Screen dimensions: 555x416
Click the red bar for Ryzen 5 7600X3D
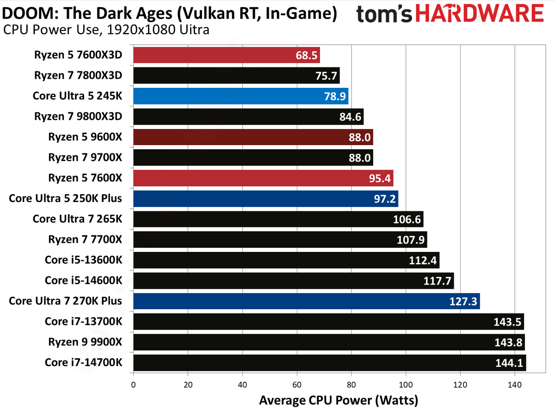[x=227, y=55]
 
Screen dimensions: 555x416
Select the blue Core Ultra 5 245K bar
[x=240, y=96]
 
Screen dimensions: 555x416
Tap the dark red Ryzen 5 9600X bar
[x=253, y=137]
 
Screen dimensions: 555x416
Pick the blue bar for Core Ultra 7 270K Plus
[x=307, y=301]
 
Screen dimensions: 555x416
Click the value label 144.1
[x=509, y=363]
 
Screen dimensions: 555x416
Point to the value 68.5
[x=307, y=55]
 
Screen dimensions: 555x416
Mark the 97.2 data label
[x=385, y=199]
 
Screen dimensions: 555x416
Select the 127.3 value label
[x=463, y=301]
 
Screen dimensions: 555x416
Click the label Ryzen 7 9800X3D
[x=78, y=116]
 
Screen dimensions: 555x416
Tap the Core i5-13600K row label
[x=83, y=260]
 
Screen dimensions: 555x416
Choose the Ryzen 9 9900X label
[x=85, y=342]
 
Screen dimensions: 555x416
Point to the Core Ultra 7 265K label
[x=77, y=219]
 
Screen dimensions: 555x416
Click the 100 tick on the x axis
[x=406, y=385]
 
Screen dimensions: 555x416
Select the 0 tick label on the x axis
[x=134, y=385]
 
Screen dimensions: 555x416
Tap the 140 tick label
[x=515, y=385]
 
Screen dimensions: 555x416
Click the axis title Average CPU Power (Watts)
[x=339, y=401]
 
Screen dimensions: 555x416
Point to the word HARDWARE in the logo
[x=480, y=13]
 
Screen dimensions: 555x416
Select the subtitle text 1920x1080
[x=142, y=30]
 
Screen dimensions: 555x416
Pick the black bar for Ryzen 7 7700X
[x=280, y=239]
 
